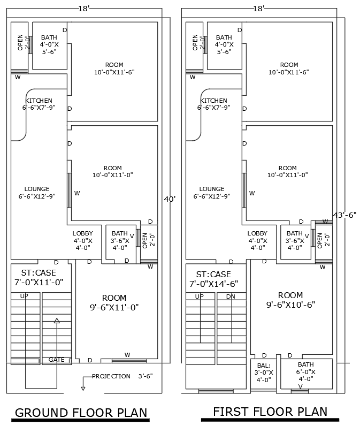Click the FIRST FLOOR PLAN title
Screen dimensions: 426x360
click(x=270, y=411)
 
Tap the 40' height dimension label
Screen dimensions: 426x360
click(x=169, y=199)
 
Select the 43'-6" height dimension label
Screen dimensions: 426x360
click(x=344, y=214)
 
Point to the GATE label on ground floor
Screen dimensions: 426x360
click(x=57, y=360)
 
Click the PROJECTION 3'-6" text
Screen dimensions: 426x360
click(x=122, y=376)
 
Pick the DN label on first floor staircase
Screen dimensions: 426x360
click(x=231, y=296)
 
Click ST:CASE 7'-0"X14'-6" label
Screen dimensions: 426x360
click(x=213, y=279)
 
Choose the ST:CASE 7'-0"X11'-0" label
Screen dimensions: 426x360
click(x=39, y=277)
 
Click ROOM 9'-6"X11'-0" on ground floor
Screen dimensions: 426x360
click(x=114, y=302)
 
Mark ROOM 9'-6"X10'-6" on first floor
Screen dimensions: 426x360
click(x=290, y=300)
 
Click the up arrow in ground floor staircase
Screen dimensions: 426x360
click(x=57, y=321)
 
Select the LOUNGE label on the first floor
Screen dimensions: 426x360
click(x=212, y=193)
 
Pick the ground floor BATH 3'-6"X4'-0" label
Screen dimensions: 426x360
click(x=120, y=240)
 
